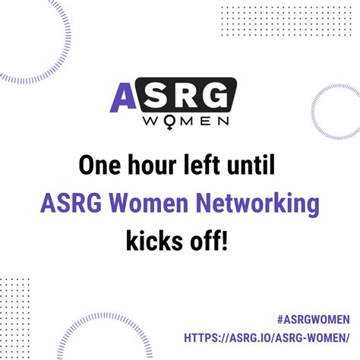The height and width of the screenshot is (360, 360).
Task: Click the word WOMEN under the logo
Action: tap(186, 122)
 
